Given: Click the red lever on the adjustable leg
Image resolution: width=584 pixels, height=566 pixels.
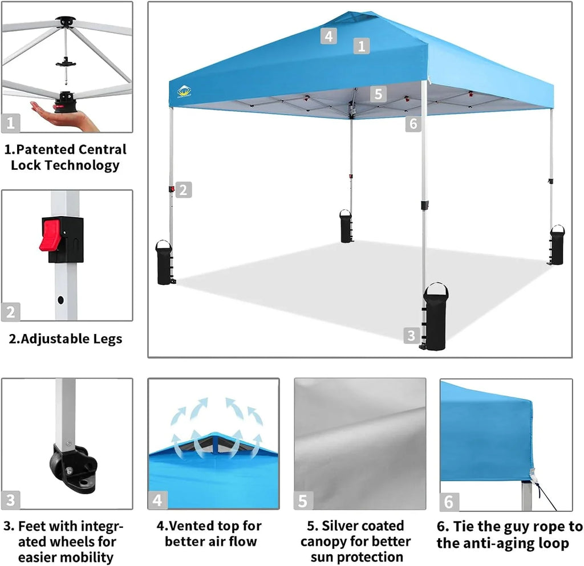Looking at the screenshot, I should pos(51,234).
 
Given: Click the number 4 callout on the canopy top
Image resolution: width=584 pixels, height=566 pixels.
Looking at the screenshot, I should pos(328,36).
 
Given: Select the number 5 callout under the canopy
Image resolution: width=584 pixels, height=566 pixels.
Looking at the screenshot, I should pos(378,93).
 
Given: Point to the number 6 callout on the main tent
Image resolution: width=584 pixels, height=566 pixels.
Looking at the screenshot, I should pos(413,123).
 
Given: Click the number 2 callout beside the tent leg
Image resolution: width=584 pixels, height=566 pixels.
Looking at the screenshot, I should pos(183,189).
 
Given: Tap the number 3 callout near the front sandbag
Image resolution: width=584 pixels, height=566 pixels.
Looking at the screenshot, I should pos(411,335).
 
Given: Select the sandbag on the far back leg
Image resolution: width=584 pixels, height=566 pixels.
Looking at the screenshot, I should pos(346,226).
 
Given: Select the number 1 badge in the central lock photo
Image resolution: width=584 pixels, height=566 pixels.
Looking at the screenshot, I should pos(11,122).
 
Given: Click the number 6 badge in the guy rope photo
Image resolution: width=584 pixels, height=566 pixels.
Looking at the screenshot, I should pos(449,502).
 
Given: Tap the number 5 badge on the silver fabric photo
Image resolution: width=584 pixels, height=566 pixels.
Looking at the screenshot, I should pos(303,501).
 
